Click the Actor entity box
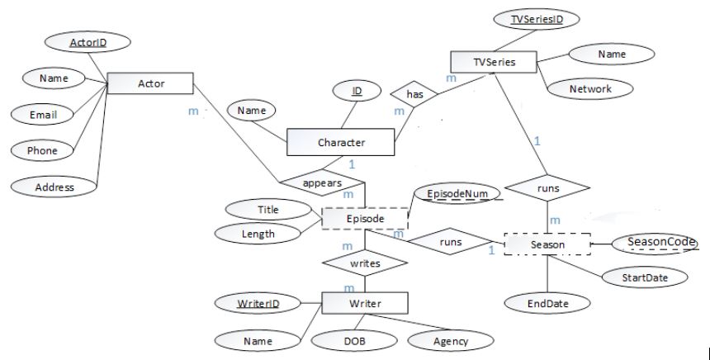tap(150, 83)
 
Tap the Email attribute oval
tap(43, 115)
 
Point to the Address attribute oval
tap(54, 187)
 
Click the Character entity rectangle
tap(341, 142)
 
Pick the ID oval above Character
tap(356, 91)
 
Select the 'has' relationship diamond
tap(414, 95)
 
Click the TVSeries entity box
tap(494, 61)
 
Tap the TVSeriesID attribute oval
tap(532, 19)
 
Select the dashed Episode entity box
tap(364, 219)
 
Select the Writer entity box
tap(364, 303)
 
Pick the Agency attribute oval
tap(451, 339)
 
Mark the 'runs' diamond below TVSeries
tap(547, 188)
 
